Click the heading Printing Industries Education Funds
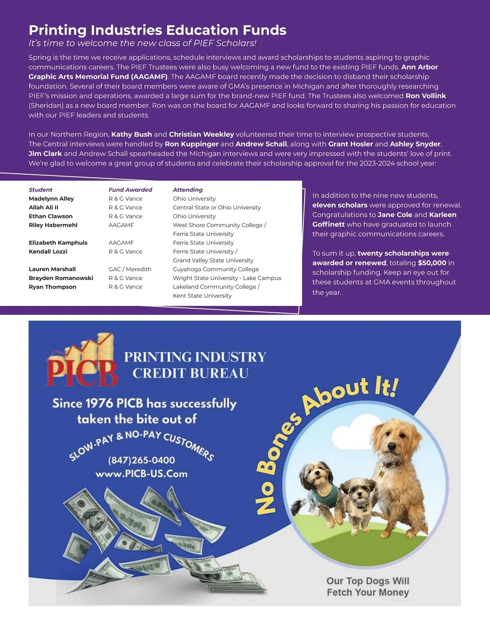(x=157, y=30)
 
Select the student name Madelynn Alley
(x=51, y=199)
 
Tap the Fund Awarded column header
(x=130, y=190)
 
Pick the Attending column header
(x=187, y=190)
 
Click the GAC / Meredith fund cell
(x=130, y=269)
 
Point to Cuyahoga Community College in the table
(x=216, y=269)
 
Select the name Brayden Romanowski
(x=61, y=278)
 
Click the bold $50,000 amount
(x=432, y=263)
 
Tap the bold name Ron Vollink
(x=425, y=96)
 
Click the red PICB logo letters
(x=82, y=371)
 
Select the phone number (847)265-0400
(x=141, y=460)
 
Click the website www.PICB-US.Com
(x=141, y=474)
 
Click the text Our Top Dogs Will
(x=367, y=581)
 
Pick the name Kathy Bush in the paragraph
(x=131, y=134)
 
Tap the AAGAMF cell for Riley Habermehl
(x=121, y=225)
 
